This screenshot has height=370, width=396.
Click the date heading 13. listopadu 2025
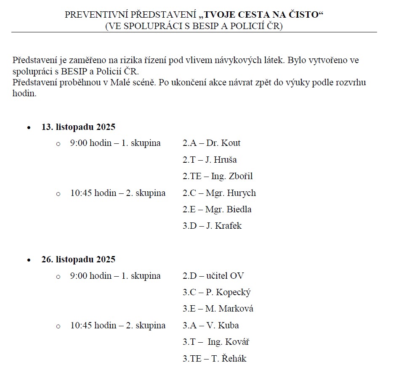pos(78,127)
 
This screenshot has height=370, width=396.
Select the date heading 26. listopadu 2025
pos(78,259)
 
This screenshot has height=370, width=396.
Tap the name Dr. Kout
pos(223,143)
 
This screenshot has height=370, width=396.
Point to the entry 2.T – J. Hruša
pos(209,160)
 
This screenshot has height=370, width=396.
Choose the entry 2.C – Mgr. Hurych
pos(219,193)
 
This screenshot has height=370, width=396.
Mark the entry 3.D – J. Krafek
pos(212,226)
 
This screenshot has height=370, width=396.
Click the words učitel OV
pos(225,276)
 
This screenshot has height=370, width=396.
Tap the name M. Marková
pos(229,309)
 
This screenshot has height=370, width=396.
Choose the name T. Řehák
pos(228,359)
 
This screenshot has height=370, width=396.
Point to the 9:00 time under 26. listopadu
pos(78,276)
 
